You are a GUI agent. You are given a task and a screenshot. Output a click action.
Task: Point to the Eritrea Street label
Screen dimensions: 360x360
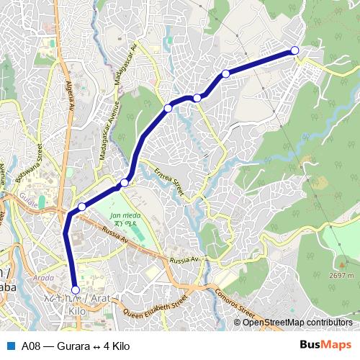(x=170, y=182)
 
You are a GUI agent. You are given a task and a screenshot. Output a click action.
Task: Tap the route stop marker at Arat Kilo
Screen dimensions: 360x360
(x=76, y=290)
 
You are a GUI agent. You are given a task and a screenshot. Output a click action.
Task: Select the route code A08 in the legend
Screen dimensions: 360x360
(x=31, y=345)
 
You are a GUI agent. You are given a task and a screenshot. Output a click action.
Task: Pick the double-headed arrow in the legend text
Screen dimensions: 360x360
(x=97, y=345)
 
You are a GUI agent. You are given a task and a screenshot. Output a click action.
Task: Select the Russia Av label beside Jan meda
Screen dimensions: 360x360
(x=115, y=234)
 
